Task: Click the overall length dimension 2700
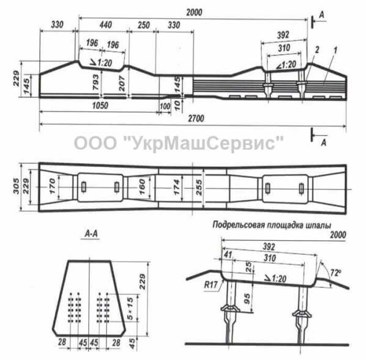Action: (x=196, y=119)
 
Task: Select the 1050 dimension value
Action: (x=100, y=106)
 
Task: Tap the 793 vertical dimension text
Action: (x=96, y=82)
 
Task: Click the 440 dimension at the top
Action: (x=106, y=25)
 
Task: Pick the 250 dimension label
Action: (x=144, y=25)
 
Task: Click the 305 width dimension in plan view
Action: (x=16, y=186)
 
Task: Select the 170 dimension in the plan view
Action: (x=52, y=186)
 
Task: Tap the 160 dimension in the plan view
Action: (x=142, y=187)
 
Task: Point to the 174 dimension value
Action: (x=177, y=187)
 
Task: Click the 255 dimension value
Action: (x=199, y=188)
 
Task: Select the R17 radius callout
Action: (x=210, y=285)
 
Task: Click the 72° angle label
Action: (x=335, y=273)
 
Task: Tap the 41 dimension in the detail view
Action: (x=228, y=255)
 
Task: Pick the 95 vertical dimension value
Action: (x=247, y=299)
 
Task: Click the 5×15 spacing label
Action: (x=130, y=308)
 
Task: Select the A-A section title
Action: (x=91, y=233)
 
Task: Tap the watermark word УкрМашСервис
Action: (x=203, y=143)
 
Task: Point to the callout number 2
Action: (x=317, y=50)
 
